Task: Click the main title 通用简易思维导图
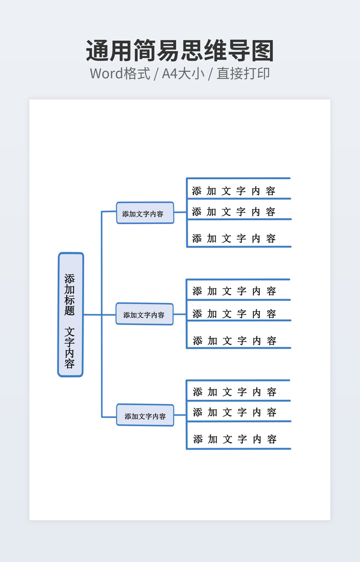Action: coord(180,51)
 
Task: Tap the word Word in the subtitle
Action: coord(106,73)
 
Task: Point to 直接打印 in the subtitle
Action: coord(243,73)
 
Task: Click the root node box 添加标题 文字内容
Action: coord(70,315)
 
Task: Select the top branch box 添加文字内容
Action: coord(145,213)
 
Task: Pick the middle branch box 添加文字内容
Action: coord(145,314)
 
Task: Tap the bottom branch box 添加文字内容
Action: coord(145,415)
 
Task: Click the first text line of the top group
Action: coord(234,191)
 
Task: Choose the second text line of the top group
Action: coord(234,212)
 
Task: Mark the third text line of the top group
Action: coord(234,238)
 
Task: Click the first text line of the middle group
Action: coord(234,291)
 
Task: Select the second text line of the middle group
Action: coord(234,314)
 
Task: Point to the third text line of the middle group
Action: coord(234,341)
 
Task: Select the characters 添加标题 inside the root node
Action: coord(70,294)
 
